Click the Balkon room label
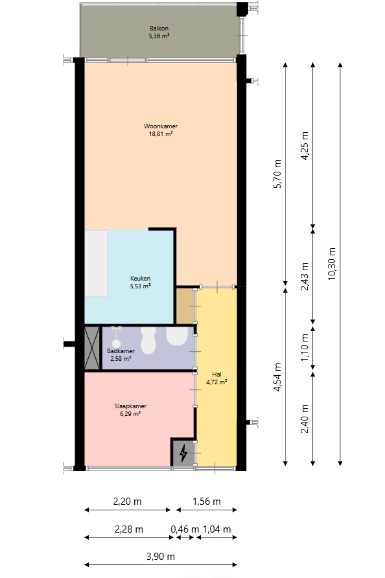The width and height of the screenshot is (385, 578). coord(159,32)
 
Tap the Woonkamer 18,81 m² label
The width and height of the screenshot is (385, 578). coord(161,130)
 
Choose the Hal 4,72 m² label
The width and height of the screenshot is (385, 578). coord(216,378)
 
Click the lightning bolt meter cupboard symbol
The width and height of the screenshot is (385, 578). coord(183,453)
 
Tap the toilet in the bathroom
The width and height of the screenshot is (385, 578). coord(148,341)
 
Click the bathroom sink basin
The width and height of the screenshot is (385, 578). coord(177,336)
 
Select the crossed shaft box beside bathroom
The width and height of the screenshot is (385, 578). coord(92,348)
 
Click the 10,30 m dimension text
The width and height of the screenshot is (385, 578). coord(332,264)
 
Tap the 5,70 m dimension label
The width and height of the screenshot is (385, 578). coord(277,174)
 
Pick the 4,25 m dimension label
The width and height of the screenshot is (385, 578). coord(305,146)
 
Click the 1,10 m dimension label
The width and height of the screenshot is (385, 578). coord(305,347)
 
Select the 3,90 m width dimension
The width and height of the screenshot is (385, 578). coord(161,556)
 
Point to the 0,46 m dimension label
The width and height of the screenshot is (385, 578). coord(185,529)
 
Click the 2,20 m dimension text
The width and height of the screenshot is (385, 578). coord(127,502)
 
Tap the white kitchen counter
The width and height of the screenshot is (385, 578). coord(96,263)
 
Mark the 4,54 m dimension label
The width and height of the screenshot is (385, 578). coord(277,376)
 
